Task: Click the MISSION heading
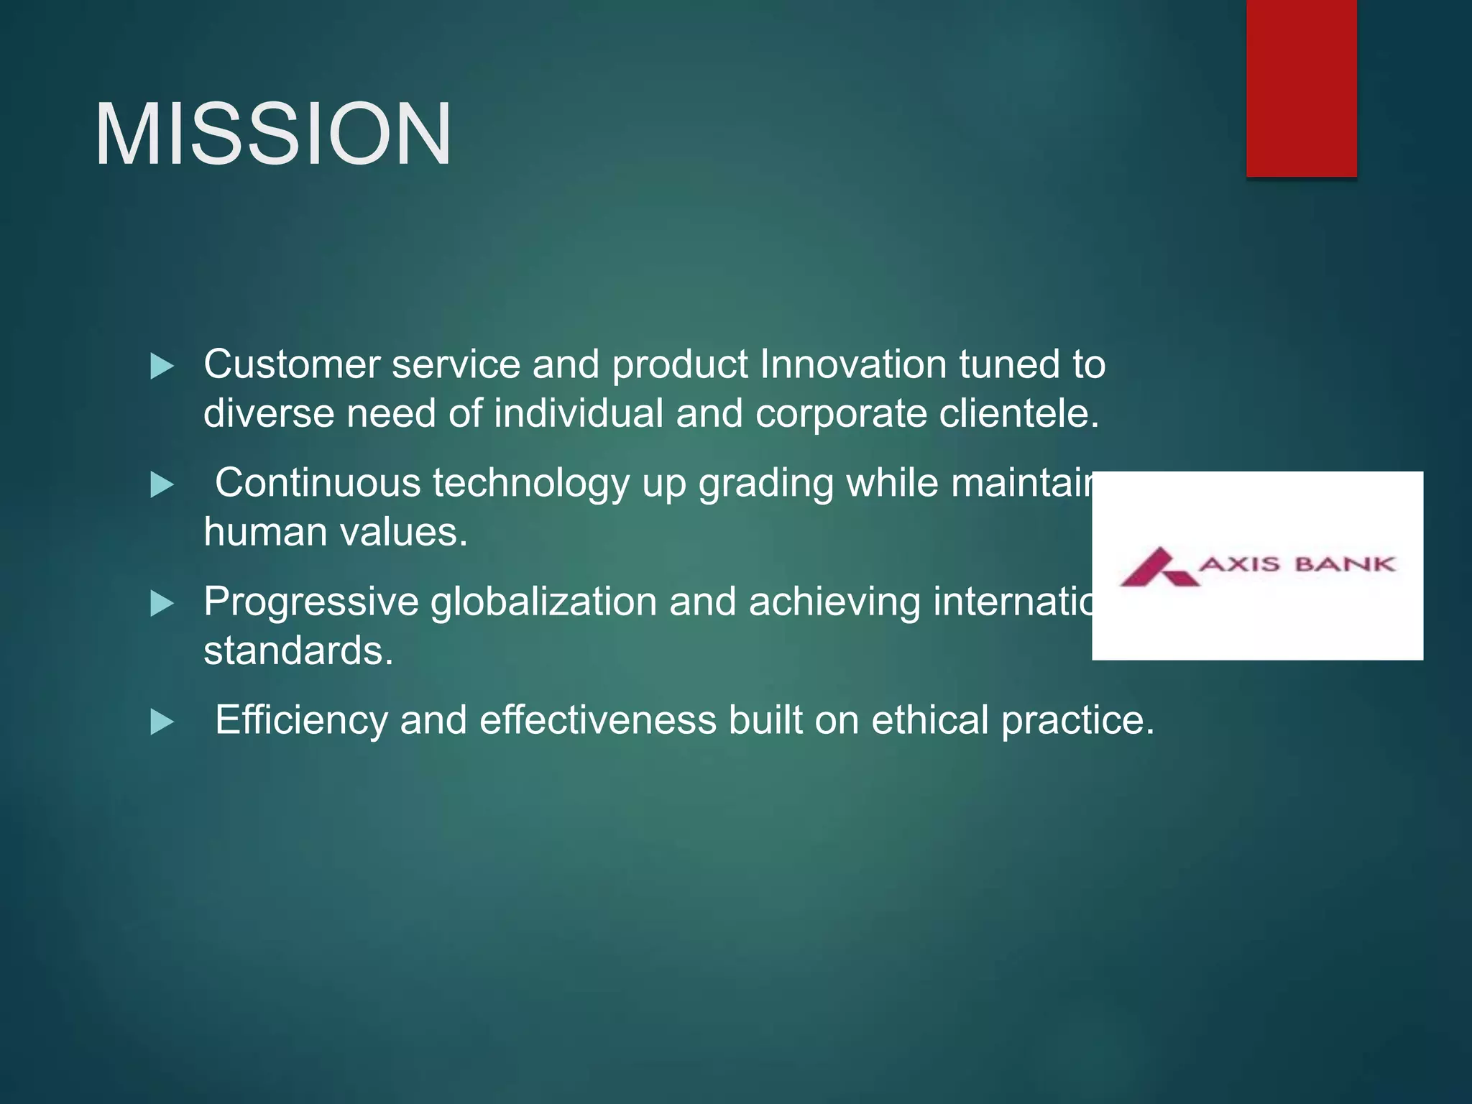tap(273, 134)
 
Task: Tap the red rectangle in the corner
tap(1301, 88)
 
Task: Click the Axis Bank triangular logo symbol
tap(1158, 568)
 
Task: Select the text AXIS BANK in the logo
tap(1297, 564)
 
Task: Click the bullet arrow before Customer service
tap(162, 367)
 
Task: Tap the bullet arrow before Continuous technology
tap(162, 485)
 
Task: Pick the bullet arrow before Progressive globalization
tap(162, 604)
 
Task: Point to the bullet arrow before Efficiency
tap(162, 722)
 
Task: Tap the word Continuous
tap(318, 482)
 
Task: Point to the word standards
tap(298, 650)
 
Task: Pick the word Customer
tap(292, 364)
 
